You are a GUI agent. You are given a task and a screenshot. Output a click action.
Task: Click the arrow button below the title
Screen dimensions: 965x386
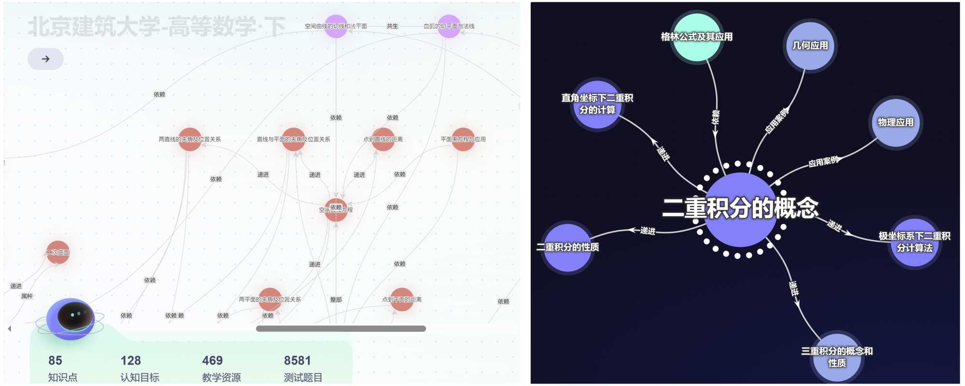(x=45, y=59)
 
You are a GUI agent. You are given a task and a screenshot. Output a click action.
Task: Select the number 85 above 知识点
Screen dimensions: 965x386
(x=55, y=360)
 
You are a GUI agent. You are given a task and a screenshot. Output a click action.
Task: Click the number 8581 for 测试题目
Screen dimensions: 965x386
(x=297, y=360)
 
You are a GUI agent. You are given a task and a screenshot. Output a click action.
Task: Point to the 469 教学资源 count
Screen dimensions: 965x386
(x=212, y=360)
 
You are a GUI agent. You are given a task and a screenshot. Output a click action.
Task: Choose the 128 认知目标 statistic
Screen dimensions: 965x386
(x=131, y=360)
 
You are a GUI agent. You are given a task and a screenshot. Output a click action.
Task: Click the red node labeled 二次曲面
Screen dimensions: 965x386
(x=58, y=252)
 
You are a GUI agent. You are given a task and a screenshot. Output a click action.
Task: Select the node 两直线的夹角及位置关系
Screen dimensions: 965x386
(x=190, y=139)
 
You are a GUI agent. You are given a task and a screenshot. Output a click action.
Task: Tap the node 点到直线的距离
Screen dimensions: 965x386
(x=383, y=139)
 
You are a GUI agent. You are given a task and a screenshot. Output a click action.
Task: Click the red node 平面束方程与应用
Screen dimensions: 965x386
(x=463, y=139)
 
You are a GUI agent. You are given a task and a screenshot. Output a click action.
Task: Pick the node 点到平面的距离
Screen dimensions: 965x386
(x=402, y=300)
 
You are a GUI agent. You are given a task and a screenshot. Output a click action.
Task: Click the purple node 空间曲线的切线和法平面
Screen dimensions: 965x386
(x=336, y=26)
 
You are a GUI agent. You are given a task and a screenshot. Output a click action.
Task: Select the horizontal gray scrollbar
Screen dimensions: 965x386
(x=341, y=329)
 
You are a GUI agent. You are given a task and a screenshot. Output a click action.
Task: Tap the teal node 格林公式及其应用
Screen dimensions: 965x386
(x=697, y=37)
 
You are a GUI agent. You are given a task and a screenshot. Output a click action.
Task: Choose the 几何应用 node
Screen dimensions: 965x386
(x=810, y=45)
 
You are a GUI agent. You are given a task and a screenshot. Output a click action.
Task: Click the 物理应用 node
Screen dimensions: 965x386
(x=896, y=122)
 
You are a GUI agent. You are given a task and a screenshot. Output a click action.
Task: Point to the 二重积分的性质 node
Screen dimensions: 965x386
(x=568, y=247)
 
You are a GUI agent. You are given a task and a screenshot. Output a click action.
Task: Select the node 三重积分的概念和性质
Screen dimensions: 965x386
(x=837, y=357)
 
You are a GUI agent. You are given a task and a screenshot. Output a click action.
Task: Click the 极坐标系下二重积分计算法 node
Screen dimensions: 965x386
(x=914, y=242)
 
